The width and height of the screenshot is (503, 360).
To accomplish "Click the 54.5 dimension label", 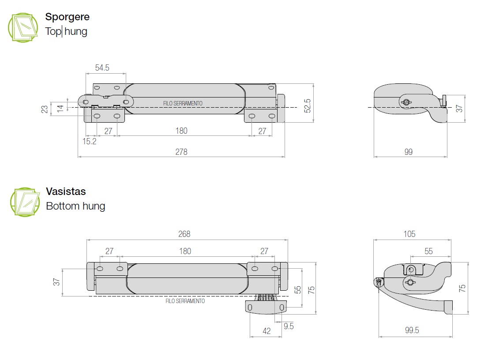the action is (x=102, y=67).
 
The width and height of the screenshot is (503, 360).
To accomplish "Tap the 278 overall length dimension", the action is (x=181, y=152).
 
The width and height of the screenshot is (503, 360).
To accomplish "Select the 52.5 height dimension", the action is (x=308, y=105).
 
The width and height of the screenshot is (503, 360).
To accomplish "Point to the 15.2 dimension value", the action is (x=89, y=142).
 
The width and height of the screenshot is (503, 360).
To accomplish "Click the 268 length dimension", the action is (x=184, y=234).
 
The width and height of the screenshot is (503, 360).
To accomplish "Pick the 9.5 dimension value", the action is (x=289, y=326).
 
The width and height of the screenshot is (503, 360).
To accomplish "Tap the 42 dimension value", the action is (x=267, y=331).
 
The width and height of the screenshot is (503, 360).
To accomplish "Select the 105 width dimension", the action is (x=409, y=234).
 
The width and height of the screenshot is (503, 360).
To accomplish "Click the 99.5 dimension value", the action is (x=412, y=330).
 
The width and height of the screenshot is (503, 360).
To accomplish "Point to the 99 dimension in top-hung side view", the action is (x=409, y=152).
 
